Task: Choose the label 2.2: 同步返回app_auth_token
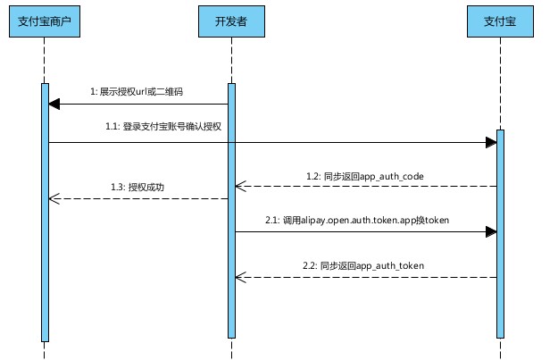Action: pyautogui.click(x=362, y=265)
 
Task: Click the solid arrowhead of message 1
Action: pyautogui.click(x=54, y=105)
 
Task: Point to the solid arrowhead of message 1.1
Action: pyautogui.click(x=491, y=142)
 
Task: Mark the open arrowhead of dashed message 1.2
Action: pyautogui.click(x=240, y=187)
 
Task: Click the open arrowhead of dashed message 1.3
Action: pyautogui.click(x=54, y=198)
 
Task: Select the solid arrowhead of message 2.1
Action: pyautogui.click(x=491, y=231)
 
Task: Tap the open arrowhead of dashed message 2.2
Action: pyautogui.click(x=240, y=277)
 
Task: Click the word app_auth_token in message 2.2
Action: pyautogui.click(x=388, y=265)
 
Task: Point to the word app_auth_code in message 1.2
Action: pyautogui.click(x=385, y=176)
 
